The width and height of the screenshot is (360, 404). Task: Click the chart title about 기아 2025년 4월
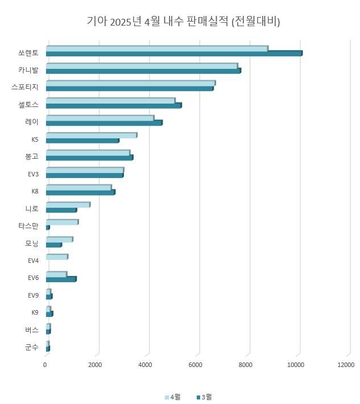click(183, 22)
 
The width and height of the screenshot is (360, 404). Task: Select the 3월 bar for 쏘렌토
click(173, 53)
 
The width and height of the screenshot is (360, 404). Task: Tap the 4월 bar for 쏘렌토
click(156, 48)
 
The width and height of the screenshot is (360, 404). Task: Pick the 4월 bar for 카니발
click(142, 65)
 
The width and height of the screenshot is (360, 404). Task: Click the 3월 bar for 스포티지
click(130, 88)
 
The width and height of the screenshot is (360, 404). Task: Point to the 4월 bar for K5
click(91, 135)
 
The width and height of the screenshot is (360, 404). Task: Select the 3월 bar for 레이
click(104, 123)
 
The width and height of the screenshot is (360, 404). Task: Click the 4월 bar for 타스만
click(62, 222)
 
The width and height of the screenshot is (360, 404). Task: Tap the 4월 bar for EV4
click(57, 257)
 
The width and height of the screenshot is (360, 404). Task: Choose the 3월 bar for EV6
click(61, 279)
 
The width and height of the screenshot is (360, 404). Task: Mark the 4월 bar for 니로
click(68, 204)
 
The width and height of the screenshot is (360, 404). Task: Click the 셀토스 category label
click(28, 105)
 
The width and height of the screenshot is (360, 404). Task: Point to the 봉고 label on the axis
click(32, 156)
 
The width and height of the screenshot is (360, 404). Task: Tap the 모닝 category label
click(32, 244)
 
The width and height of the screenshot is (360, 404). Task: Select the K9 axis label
click(35, 312)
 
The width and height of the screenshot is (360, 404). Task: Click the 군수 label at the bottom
click(32, 347)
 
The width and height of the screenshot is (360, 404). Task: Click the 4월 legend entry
click(172, 397)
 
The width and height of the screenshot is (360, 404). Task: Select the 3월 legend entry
click(204, 397)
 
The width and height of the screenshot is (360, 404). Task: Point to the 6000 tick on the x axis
click(196, 365)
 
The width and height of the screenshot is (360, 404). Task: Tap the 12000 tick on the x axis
click(345, 365)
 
